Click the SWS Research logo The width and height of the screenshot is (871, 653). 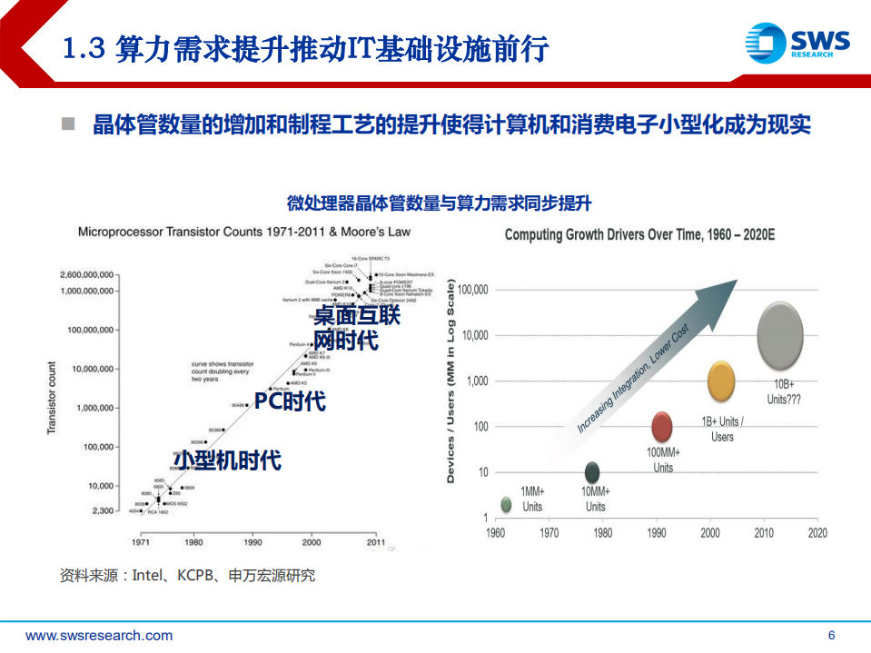click(x=796, y=42)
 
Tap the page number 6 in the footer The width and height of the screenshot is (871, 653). click(x=831, y=636)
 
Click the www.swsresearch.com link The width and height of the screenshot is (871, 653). click(x=99, y=636)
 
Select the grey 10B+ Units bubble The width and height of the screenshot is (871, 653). click(x=780, y=335)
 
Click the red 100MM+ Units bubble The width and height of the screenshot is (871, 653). click(x=663, y=427)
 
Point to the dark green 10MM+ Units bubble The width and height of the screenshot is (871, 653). click(x=592, y=472)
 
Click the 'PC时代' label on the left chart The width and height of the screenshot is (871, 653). click(x=289, y=401)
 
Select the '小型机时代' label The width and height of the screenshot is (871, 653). click(x=227, y=460)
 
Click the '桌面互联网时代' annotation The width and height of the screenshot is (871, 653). click(x=356, y=328)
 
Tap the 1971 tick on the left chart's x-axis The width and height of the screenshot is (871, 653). click(x=141, y=542)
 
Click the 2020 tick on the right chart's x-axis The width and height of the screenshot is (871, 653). click(x=817, y=533)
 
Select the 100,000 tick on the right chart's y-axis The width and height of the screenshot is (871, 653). click(x=473, y=290)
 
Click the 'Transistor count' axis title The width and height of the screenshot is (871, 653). click(x=52, y=397)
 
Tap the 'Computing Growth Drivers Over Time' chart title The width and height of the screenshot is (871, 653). click(x=638, y=235)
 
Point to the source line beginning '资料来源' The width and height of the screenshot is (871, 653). click(x=186, y=575)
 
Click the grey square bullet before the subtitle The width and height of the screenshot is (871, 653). click(x=68, y=124)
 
